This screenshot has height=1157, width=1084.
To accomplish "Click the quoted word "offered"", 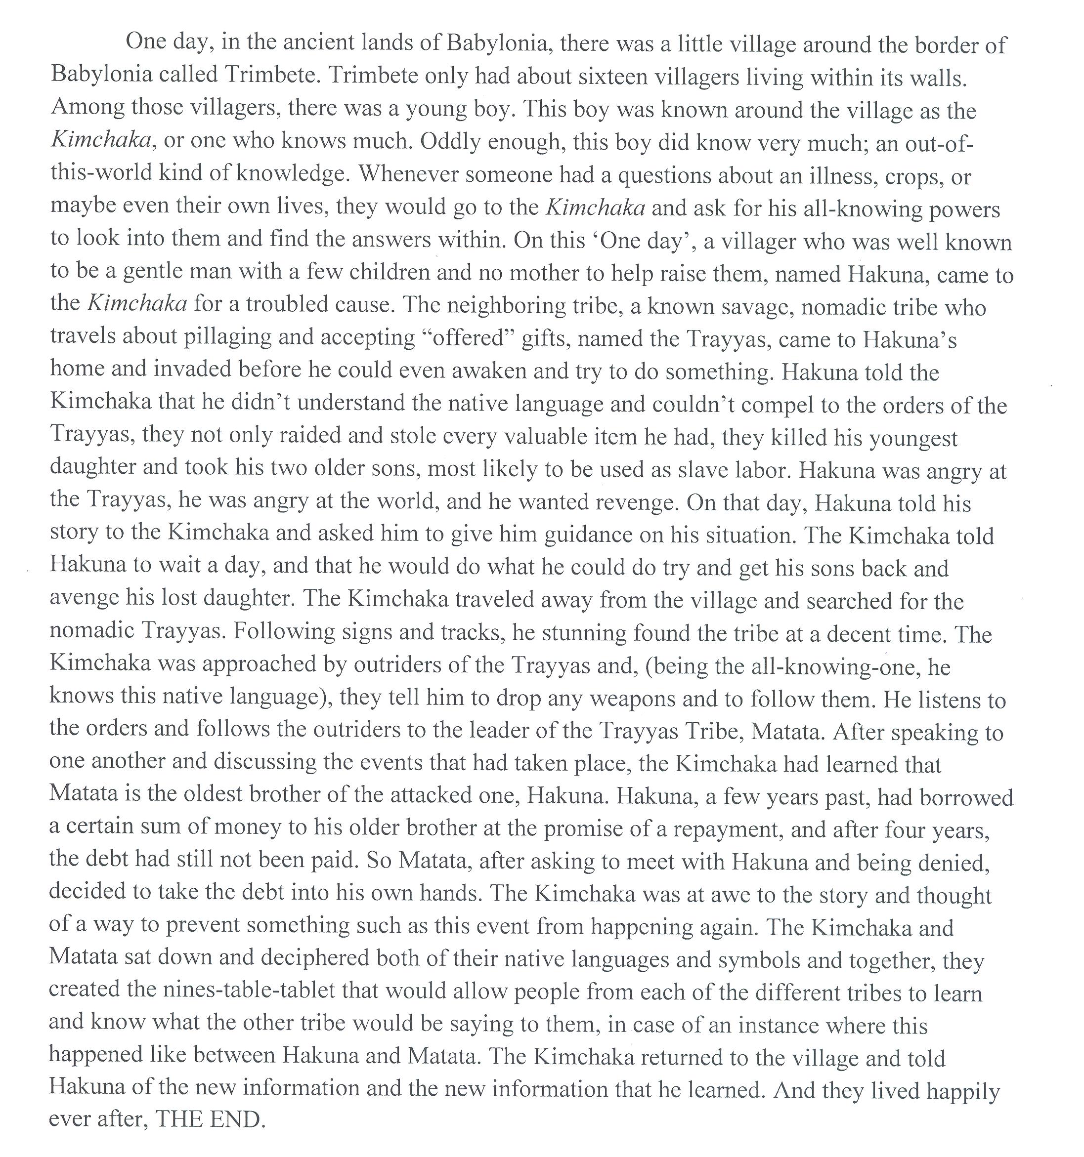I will (468, 337).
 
